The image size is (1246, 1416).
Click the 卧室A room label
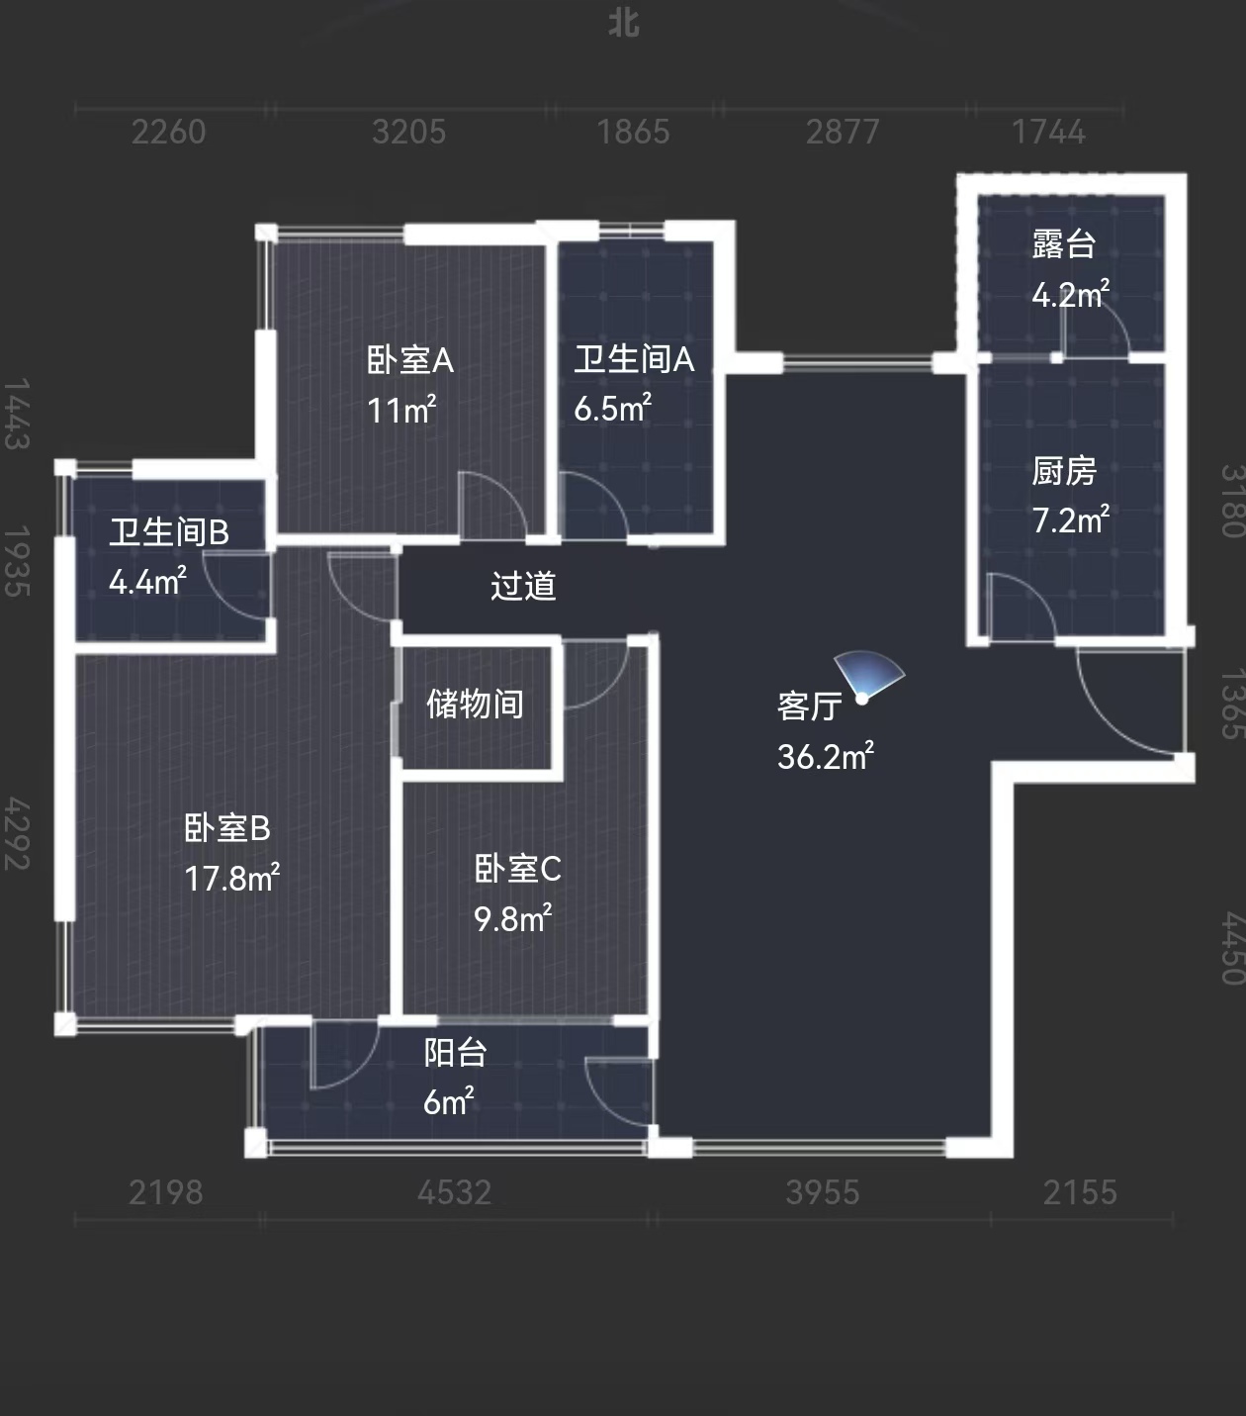click(410, 360)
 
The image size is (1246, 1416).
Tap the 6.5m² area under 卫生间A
click(612, 408)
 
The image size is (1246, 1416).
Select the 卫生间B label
click(169, 532)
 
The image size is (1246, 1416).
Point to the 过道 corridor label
click(523, 586)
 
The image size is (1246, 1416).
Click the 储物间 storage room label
click(475, 704)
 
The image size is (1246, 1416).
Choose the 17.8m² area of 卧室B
click(231, 878)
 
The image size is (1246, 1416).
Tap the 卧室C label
click(517, 869)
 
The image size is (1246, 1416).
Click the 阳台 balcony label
click(455, 1053)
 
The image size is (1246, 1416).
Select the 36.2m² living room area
click(826, 756)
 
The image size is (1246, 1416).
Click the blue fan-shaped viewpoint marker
click(869, 677)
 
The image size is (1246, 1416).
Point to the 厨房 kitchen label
click(1064, 471)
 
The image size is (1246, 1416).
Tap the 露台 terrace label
click(1064, 244)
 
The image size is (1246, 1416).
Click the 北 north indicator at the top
click(624, 23)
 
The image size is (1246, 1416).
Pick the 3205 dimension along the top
click(408, 132)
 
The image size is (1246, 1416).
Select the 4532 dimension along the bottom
click(455, 1192)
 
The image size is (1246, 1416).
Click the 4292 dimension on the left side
click(17, 834)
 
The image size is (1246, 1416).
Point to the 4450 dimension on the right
click(1233, 948)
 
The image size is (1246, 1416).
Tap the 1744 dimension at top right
click(1049, 132)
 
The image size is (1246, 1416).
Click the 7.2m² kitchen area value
click(1071, 520)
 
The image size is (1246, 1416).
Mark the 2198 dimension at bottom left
click(165, 1192)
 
